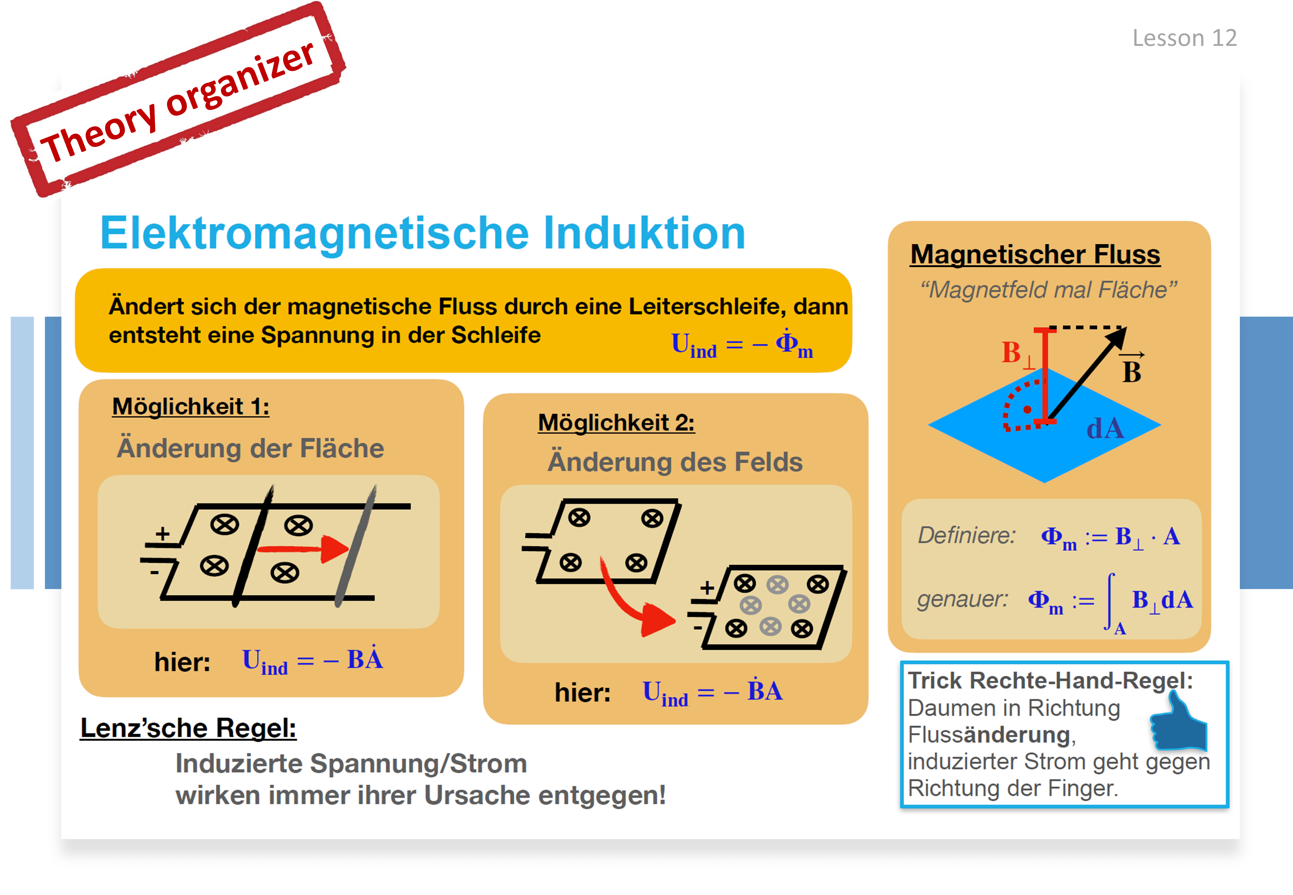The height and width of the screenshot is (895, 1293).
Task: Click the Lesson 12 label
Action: tap(1184, 38)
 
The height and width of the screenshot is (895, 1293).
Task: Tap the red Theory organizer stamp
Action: tap(178, 100)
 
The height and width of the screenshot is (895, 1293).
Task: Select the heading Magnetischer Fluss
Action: tap(1035, 255)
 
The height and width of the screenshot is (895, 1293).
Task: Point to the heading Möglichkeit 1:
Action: tap(191, 407)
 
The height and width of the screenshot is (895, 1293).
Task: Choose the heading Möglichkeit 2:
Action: tap(616, 422)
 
